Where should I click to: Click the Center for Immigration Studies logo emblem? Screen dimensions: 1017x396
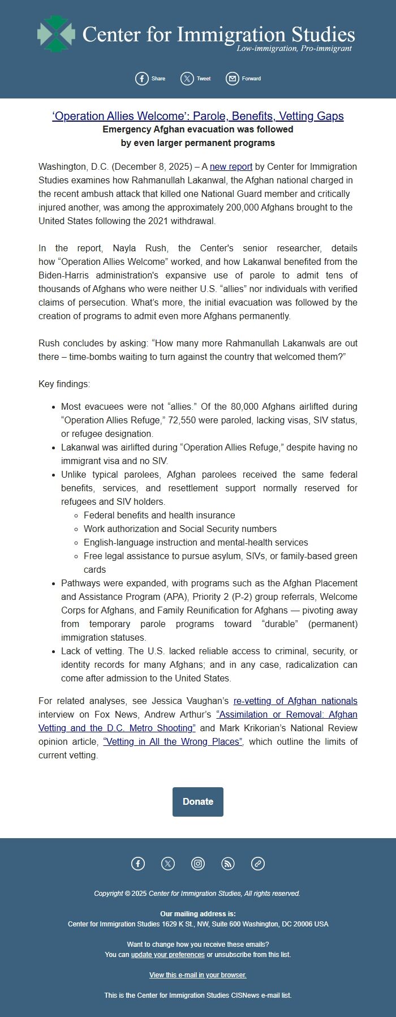[x=55, y=33]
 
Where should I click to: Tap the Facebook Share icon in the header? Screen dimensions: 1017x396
[x=141, y=79]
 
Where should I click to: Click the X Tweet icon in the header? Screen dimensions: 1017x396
[x=187, y=79]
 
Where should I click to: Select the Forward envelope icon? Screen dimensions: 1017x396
[x=232, y=79]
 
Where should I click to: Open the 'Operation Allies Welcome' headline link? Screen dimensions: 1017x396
[x=197, y=116]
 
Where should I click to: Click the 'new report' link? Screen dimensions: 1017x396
[x=231, y=166]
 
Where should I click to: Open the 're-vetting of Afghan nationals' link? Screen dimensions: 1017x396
[x=295, y=701]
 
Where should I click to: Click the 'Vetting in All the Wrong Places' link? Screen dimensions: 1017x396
[x=173, y=741]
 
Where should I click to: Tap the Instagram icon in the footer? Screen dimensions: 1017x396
[x=198, y=863]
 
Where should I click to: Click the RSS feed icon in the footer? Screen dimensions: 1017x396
[x=227, y=863]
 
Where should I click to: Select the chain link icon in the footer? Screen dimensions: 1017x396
[x=257, y=863]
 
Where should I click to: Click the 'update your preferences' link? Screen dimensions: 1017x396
[x=167, y=954]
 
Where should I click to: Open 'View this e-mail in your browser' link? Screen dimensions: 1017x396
[x=197, y=975]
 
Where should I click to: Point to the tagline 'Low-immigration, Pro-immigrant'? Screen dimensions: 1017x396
[x=294, y=49]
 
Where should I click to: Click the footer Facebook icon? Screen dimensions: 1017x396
[x=138, y=863]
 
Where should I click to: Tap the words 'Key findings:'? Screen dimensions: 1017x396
[x=64, y=384]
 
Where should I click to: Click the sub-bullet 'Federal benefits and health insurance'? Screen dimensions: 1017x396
[x=159, y=515]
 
